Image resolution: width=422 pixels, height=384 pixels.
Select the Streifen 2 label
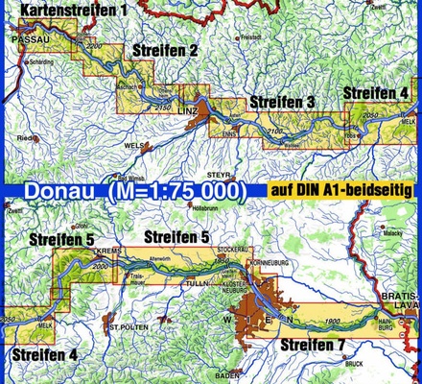point(166,49)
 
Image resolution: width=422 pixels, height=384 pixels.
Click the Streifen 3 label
point(282,102)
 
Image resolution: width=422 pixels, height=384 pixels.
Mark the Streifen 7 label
point(311,344)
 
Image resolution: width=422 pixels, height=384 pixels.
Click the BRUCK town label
point(353,364)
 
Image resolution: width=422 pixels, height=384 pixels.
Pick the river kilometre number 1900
point(335,320)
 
